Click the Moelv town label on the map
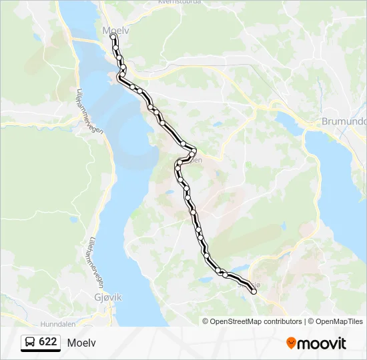(114, 30)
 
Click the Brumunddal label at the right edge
(344, 122)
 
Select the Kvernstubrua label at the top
(179, 2)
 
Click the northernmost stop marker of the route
(113, 37)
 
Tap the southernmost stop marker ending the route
(254, 291)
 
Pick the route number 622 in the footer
(47, 342)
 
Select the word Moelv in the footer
(81, 343)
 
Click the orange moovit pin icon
(292, 343)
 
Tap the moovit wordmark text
(322, 343)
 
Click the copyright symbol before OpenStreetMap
(206, 321)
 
